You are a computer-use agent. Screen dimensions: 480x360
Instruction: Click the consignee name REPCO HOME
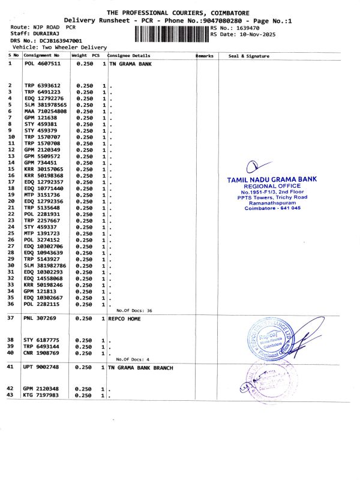(x=124, y=319)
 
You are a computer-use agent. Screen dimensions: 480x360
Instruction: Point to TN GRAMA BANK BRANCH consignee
(x=140, y=367)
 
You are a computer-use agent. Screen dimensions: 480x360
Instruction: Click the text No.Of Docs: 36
(x=134, y=311)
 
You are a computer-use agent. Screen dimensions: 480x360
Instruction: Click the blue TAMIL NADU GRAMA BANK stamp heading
(x=272, y=179)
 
